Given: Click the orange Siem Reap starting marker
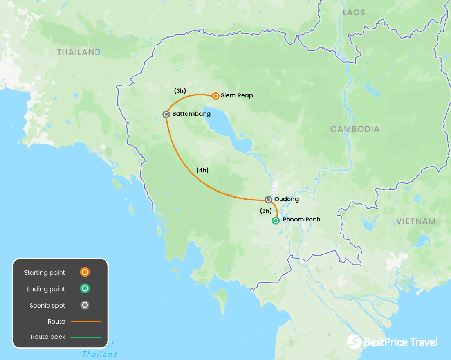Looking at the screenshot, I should pos(215,96).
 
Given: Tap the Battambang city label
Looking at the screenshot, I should pos(191,114).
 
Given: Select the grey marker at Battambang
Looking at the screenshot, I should pos(166,114).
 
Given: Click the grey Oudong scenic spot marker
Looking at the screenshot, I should pos(268,200).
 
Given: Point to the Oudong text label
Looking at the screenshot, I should pos(287,199).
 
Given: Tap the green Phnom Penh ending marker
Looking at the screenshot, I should pos(276,221).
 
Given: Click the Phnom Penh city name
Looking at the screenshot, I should pos(301,220).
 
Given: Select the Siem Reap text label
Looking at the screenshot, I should pos(237,95).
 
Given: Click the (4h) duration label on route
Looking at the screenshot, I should pos(202,170).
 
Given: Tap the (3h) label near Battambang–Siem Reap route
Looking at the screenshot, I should pos(180,90).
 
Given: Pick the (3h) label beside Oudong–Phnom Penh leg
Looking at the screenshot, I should pos(265,211).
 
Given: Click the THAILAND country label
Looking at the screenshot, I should pos(79,52).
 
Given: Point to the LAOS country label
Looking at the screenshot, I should pos(354,13).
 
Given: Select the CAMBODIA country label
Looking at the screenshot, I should pos(355,129).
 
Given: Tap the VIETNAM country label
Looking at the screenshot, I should pos(416,221).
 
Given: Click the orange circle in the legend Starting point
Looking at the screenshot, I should pos(85,272).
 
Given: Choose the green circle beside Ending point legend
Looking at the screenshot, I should pos(85,289).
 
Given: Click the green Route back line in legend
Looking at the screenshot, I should pos(86,337).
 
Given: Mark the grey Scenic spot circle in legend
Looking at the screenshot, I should pos(85,305).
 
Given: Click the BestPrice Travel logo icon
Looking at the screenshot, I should pos(355,341).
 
